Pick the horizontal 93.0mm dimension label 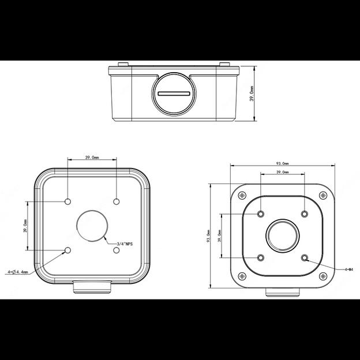pos(282,163)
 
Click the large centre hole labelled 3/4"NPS pos(92,225)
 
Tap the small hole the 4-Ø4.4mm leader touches pos(68,250)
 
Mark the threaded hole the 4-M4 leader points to pos(304,257)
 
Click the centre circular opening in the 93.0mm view pos(282,235)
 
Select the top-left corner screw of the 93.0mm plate pos(242,195)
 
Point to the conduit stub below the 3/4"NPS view pos(92,286)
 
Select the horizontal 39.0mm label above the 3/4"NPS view pos(92,157)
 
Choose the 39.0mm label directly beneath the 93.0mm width pos(282,172)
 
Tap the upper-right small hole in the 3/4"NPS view pos(117,201)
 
